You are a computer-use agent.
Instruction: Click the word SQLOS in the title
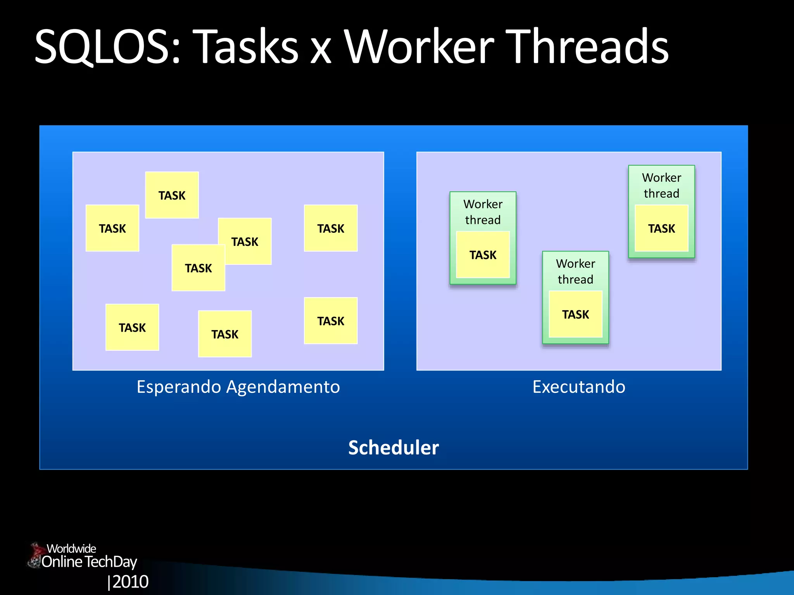pyautogui.click(x=107, y=47)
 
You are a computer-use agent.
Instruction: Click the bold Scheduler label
pyautogui.click(x=393, y=447)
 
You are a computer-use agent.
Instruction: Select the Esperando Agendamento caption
pyautogui.click(x=238, y=387)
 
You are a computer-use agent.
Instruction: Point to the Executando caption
pyautogui.click(x=578, y=387)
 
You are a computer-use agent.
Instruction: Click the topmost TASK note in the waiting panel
pyautogui.click(x=172, y=195)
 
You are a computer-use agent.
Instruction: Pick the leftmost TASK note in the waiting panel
pyautogui.click(x=112, y=228)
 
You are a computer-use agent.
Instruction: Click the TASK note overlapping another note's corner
pyautogui.click(x=198, y=268)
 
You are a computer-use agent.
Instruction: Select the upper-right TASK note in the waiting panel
pyautogui.click(x=330, y=228)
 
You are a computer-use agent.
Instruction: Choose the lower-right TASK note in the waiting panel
pyautogui.click(x=330, y=321)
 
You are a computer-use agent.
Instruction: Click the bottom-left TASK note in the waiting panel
pyautogui.click(x=132, y=327)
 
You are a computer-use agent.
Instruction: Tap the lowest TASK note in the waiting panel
pyautogui.click(x=224, y=334)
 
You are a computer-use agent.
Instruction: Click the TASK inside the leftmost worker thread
pyautogui.click(x=483, y=255)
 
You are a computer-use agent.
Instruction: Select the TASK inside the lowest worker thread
pyautogui.click(x=575, y=314)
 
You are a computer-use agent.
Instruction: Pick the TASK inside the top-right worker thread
pyautogui.click(x=661, y=228)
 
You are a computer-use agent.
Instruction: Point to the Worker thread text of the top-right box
pyautogui.click(x=661, y=185)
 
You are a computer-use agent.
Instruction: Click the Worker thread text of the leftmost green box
pyautogui.click(x=483, y=212)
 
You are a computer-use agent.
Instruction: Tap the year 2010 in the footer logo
pyautogui.click(x=130, y=581)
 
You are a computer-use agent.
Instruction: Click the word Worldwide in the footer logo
pyautogui.click(x=71, y=549)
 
